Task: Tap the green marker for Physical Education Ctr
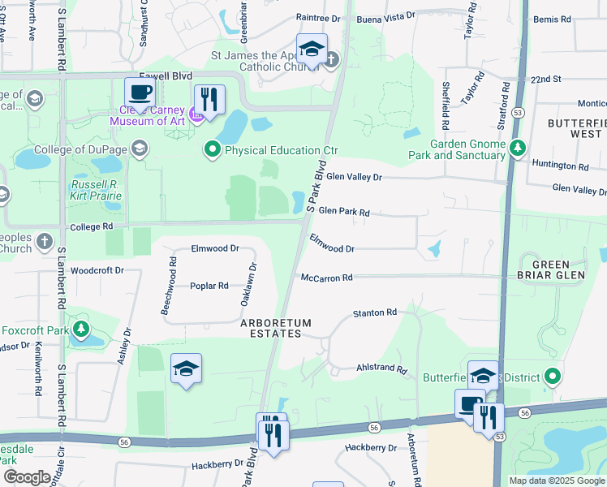click(x=213, y=149)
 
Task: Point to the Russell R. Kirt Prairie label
click(x=96, y=190)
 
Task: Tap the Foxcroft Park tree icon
click(x=80, y=330)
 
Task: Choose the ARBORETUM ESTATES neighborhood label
click(x=275, y=328)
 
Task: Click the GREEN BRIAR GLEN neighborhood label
click(x=559, y=269)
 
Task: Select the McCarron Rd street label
click(x=326, y=278)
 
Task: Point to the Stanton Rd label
click(x=374, y=312)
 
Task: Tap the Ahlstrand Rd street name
click(x=381, y=368)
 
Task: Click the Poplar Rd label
click(x=209, y=286)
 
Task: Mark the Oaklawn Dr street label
click(x=247, y=283)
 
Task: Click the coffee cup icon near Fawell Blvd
click(x=140, y=93)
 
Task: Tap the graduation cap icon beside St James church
click(x=311, y=50)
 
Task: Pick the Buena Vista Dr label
click(x=387, y=15)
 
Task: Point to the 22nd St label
click(x=545, y=80)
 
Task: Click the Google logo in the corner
click(x=27, y=476)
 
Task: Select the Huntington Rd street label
click(x=560, y=166)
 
